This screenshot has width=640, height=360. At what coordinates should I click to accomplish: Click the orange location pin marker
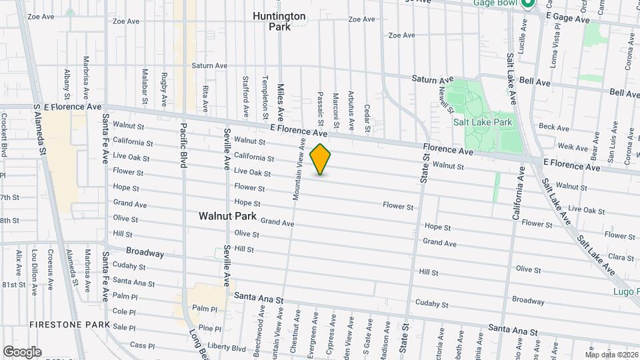pos(321,159)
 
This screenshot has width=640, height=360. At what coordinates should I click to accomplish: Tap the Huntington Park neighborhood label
pos(279,21)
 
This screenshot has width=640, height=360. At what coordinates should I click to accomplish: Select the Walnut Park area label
pos(227,216)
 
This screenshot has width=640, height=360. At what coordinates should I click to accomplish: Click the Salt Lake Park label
pos(483,122)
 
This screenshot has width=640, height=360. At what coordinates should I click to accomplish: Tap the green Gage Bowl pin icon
pos(528,3)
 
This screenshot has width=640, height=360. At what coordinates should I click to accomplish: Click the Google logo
pos(22,352)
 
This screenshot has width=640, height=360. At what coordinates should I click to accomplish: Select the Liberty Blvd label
pos(226,348)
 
